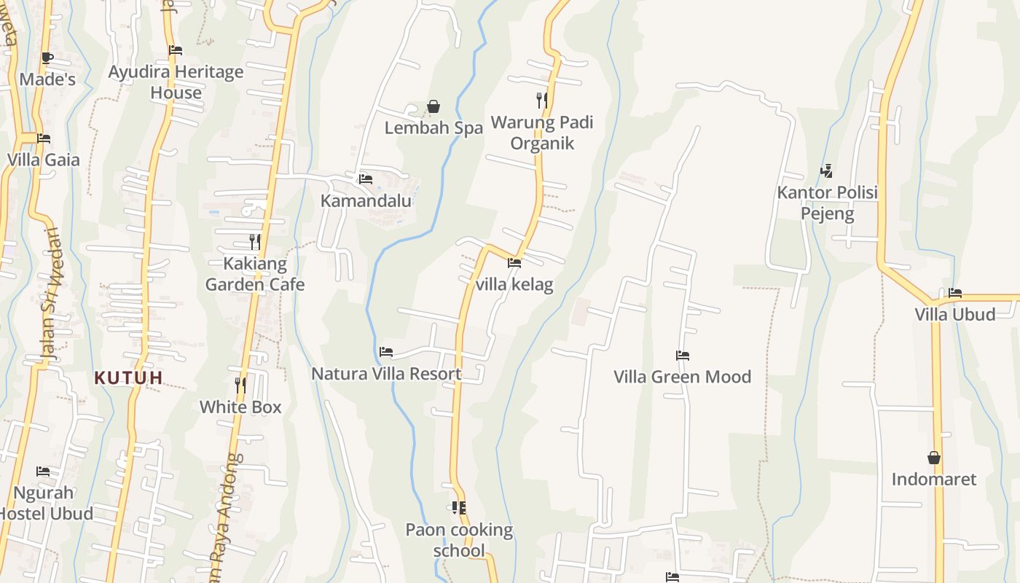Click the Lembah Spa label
click(433, 128)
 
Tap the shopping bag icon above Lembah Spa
click(433, 106)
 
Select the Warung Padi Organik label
click(542, 133)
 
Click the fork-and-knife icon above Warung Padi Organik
click(542, 100)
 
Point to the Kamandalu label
click(366, 200)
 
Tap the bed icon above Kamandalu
click(366, 179)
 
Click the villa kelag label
click(514, 284)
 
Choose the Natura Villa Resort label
click(386, 374)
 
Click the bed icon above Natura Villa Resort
click(386, 352)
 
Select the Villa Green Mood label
click(682, 377)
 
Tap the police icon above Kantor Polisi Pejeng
click(826, 171)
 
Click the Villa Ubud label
click(955, 314)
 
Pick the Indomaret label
click(934, 480)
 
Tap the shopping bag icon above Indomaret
click(934, 458)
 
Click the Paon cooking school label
click(459, 540)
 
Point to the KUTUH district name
click(128, 377)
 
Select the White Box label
click(240, 407)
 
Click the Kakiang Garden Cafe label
click(255, 274)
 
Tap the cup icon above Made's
click(47, 58)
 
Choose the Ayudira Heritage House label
click(176, 82)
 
